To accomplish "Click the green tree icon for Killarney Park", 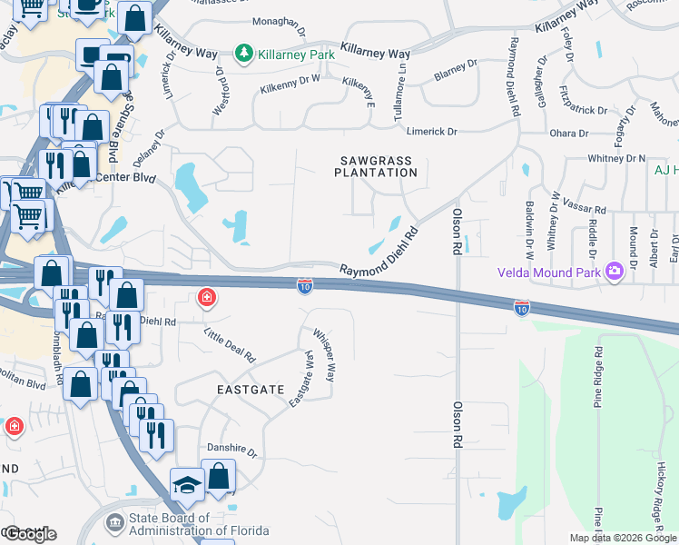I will point(243,54).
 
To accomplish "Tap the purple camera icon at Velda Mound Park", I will point(615,272).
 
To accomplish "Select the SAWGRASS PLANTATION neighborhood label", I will point(373,165).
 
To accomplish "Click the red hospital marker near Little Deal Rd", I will point(207,297).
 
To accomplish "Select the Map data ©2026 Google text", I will point(622,538).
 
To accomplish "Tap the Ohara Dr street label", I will point(570,134).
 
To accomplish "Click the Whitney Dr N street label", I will point(616,158).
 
